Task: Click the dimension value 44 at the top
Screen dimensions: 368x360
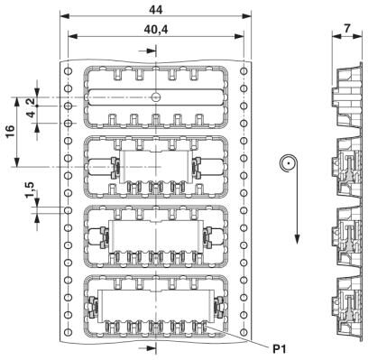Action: pyautogui.click(x=156, y=10)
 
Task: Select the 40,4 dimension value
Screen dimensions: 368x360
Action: pyautogui.click(x=156, y=30)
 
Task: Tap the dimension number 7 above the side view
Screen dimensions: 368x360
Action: pyautogui.click(x=347, y=29)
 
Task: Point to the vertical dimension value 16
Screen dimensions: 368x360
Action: pyautogui.click(x=10, y=131)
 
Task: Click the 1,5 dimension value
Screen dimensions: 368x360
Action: pyautogui.click(x=31, y=190)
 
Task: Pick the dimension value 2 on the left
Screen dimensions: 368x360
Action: pyautogui.click(x=31, y=102)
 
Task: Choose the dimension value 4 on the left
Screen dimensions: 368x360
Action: pyautogui.click(x=31, y=115)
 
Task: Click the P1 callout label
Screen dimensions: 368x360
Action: pyautogui.click(x=280, y=349)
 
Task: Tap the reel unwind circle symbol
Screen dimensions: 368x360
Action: pyautogui.click(x=288, y=164)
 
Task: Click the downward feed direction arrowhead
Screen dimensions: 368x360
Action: pyautogui.click(x=297, y=238)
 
